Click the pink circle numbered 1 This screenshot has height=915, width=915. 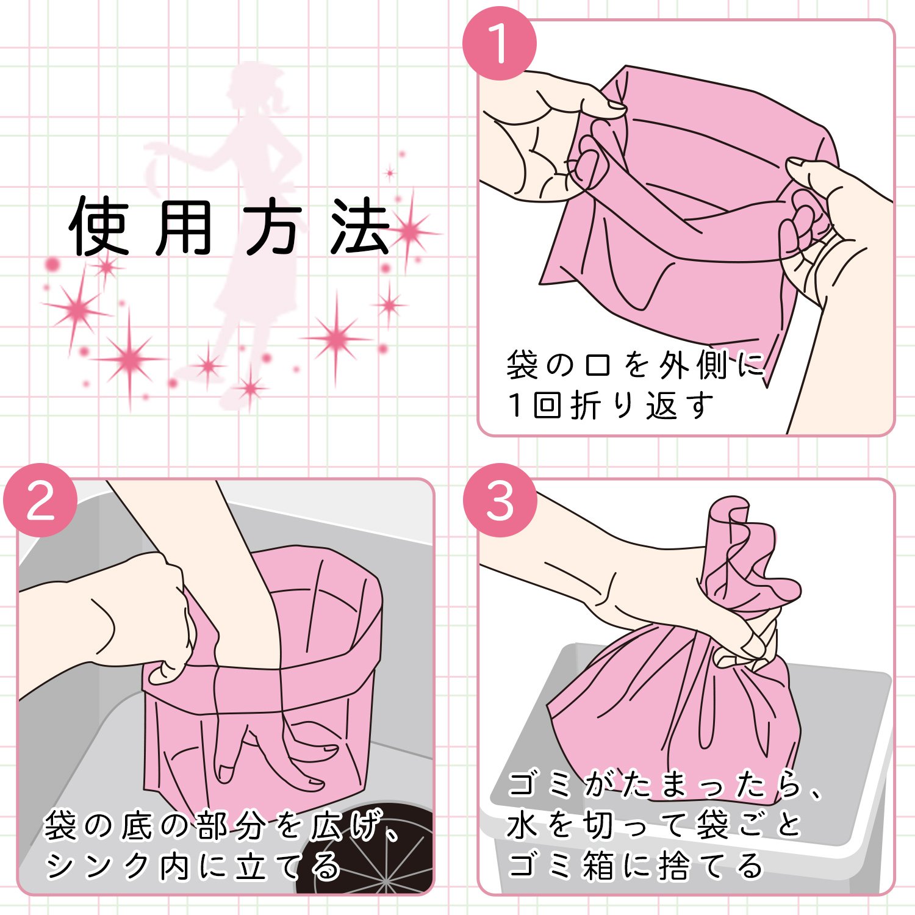(x=499, y=43)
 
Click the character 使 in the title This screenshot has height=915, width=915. (x=99, y=227)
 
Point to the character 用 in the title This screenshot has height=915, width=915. (x=184, y=227)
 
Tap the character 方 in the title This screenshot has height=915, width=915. (x=273, y=227)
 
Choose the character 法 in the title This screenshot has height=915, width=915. (x=360, y=227)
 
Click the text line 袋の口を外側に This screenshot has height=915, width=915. (x=635, y=365)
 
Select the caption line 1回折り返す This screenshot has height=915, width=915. (x=610, y=405)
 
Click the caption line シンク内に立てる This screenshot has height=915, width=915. (x=193, y=866)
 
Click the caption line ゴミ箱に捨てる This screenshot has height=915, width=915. (x=635, y=866)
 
